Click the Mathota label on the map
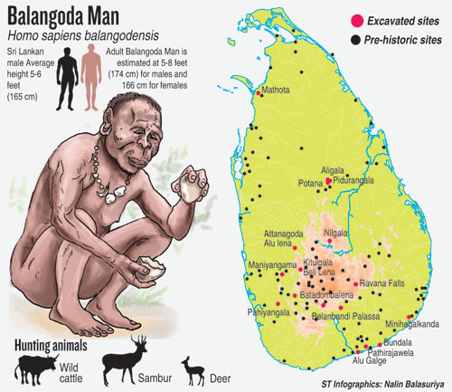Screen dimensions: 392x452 click(277, 91)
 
